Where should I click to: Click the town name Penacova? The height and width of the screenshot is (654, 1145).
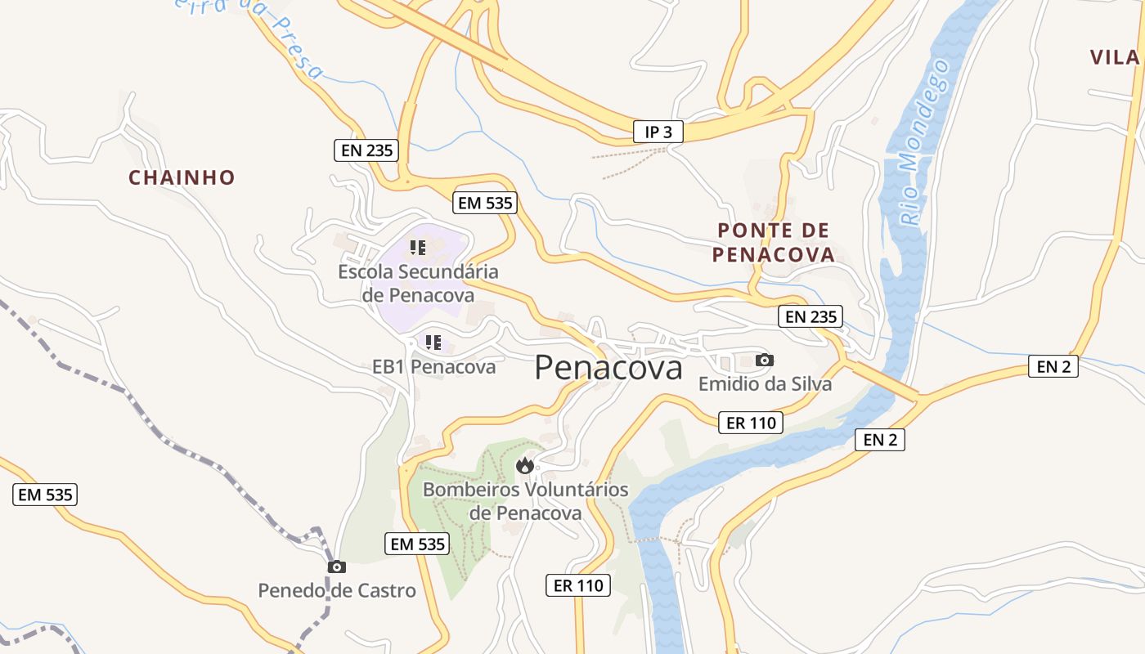tap(608, 368)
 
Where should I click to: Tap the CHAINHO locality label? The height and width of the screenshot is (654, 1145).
tap(182, 177)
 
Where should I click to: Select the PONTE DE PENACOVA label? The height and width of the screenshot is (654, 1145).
tap(773, 242)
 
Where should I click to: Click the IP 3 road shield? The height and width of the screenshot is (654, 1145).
tap(658, 132)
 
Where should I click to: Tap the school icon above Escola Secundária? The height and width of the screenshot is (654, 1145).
tap(418, 247)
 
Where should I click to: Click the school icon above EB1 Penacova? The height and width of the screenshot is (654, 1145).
tap(433, 343)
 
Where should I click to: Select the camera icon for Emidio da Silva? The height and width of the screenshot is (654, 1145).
tap(764, 360)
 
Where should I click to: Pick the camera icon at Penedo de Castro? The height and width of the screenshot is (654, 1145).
tap(336, 567)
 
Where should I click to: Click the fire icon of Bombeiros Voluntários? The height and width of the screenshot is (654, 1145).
tap(524, 466)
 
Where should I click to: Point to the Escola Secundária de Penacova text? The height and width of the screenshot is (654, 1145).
tap(418, 283)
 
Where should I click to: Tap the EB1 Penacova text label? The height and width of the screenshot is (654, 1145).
tap(433, 367)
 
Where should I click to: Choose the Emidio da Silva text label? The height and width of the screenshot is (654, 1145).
tap(764, 383)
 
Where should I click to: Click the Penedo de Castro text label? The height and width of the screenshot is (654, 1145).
tap(336, 590)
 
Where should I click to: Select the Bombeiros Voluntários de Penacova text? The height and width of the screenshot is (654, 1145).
tap(525, 501)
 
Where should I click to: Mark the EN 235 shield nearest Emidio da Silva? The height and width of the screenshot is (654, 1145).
tap(811, 316)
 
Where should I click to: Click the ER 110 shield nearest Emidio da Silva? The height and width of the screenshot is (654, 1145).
tap(750, 423)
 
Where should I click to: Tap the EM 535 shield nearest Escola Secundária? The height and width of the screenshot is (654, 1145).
tap(486, 203)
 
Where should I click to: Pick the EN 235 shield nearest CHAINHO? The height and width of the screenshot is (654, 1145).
tap(366, 150)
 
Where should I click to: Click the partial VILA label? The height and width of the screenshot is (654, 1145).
tap(1115, 57)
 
